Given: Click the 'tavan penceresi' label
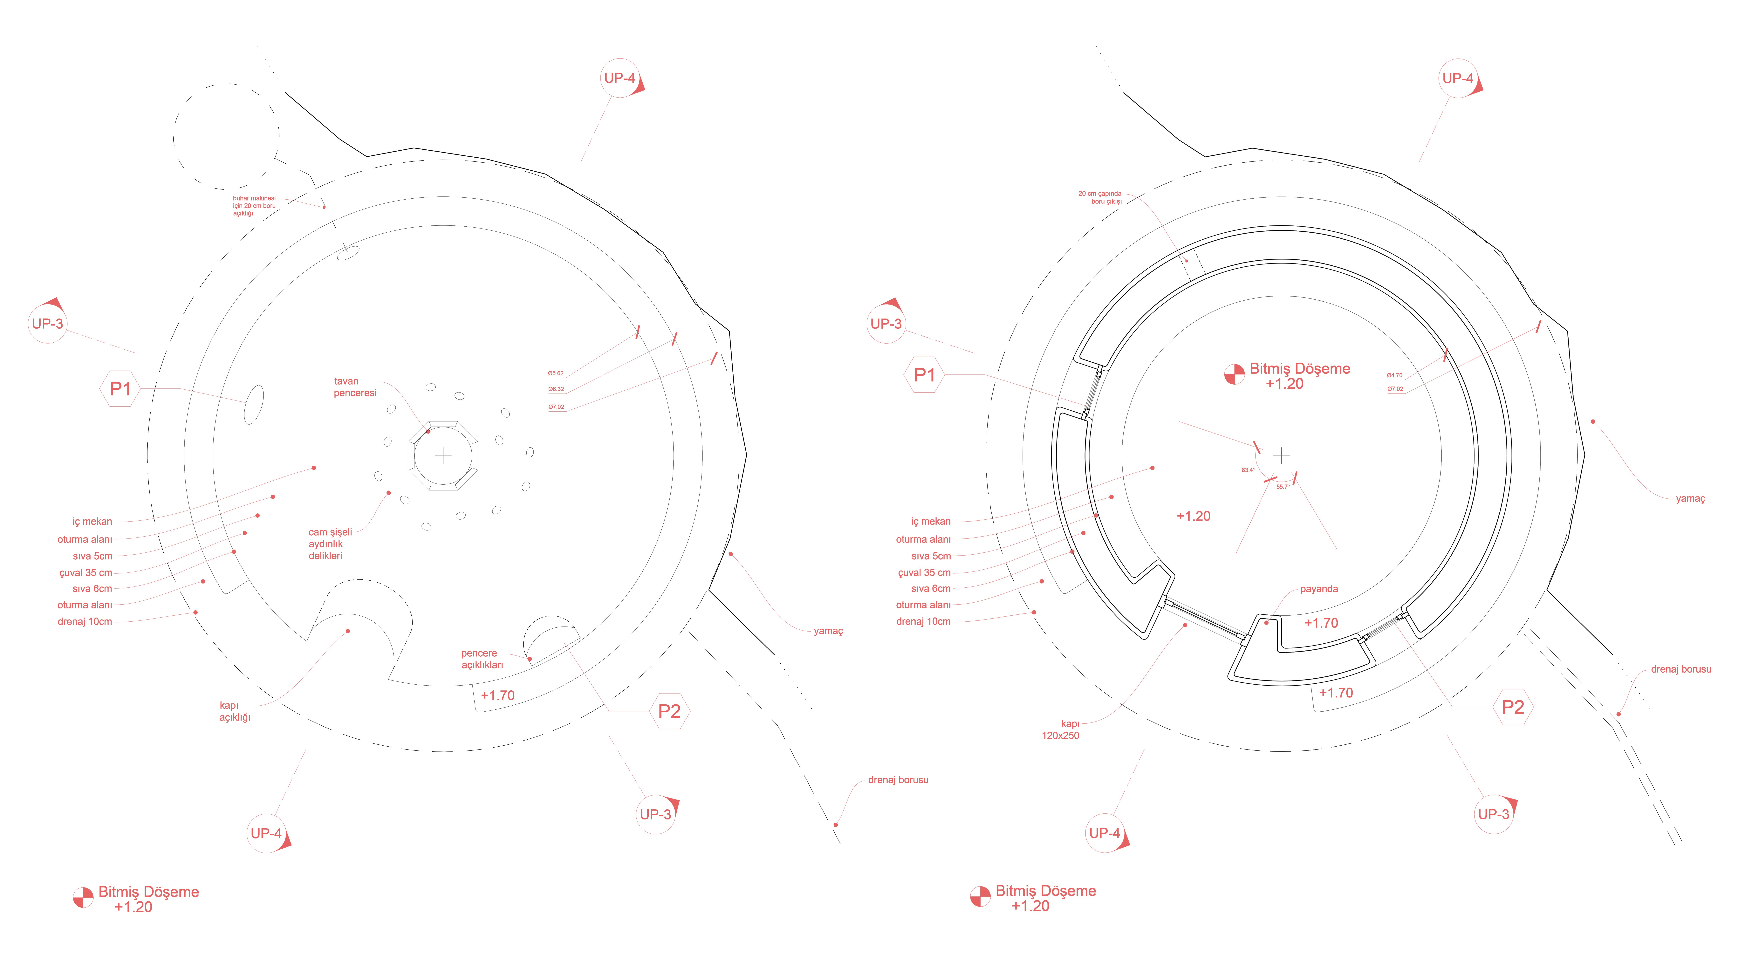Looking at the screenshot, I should pos(355,387).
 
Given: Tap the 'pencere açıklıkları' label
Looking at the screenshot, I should pos(481,659).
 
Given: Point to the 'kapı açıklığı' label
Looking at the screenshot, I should pos(234,711).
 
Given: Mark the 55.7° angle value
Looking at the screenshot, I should pos(1283,487).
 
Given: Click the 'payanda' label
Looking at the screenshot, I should pos(1318,589).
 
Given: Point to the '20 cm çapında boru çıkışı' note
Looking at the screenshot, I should pos(1100,197).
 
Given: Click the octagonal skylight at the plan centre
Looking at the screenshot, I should pos(443,456).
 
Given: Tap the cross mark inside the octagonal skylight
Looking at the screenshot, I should pos(443,456).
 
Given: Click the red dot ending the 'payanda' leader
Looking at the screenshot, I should pos(1266,622).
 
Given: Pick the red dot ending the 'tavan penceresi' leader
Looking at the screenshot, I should pos(428,431).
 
